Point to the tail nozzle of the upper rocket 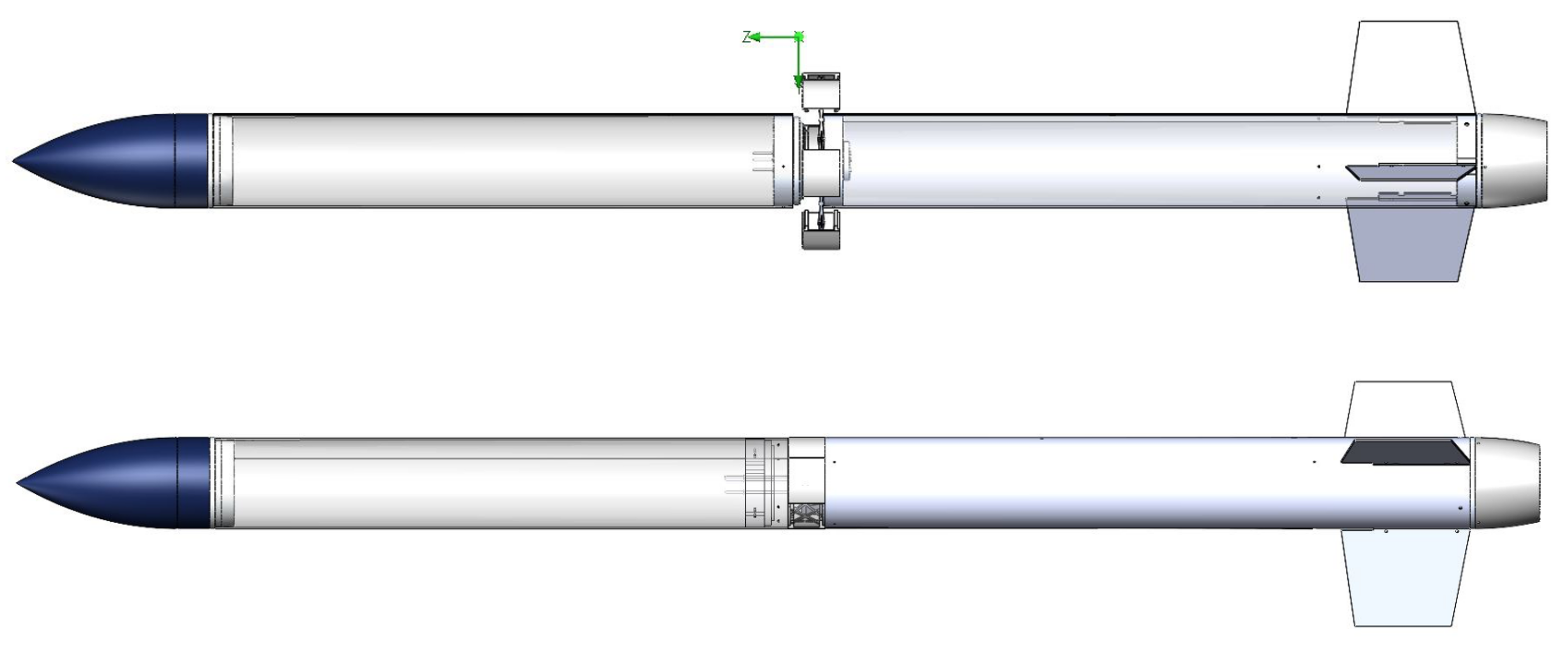point(1513,161)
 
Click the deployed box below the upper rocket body point(821,230)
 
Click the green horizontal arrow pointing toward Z point(773,38)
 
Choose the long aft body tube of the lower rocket point(1091,483)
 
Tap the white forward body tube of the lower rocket point(485,483)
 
